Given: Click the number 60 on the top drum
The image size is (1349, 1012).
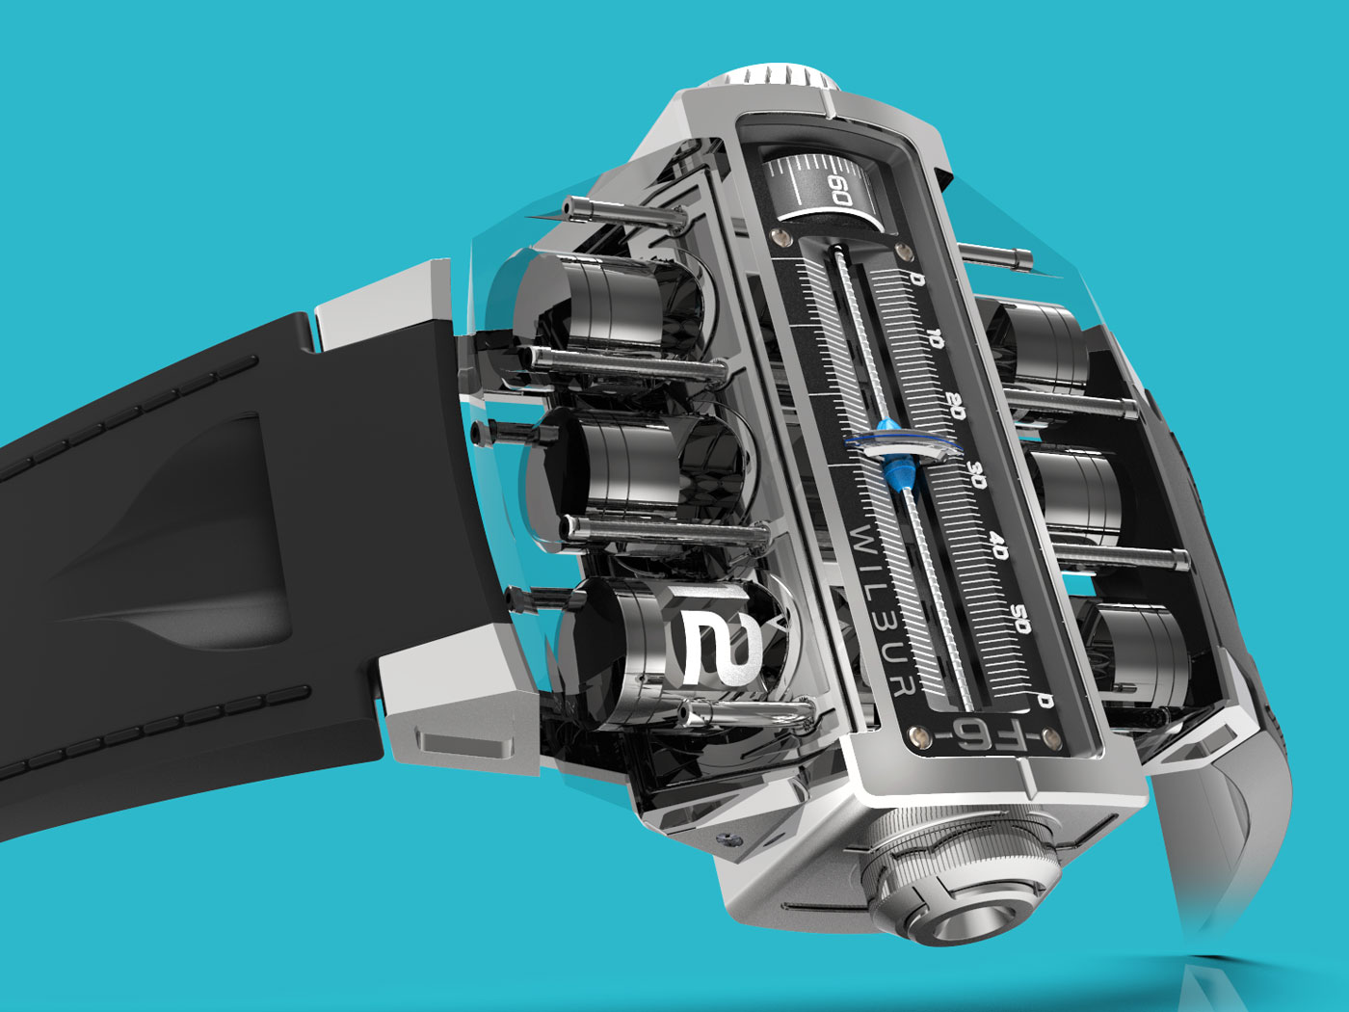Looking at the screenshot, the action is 839,190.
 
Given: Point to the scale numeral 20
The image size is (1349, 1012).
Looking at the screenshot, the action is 955,406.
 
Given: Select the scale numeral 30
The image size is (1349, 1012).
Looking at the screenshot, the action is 976,475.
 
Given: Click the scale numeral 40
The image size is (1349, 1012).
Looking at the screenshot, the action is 998,546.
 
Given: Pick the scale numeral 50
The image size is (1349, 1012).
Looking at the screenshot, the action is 1020,619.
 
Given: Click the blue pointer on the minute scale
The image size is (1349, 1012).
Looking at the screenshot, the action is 895,454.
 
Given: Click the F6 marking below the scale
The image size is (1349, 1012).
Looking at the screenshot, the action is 985,731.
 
